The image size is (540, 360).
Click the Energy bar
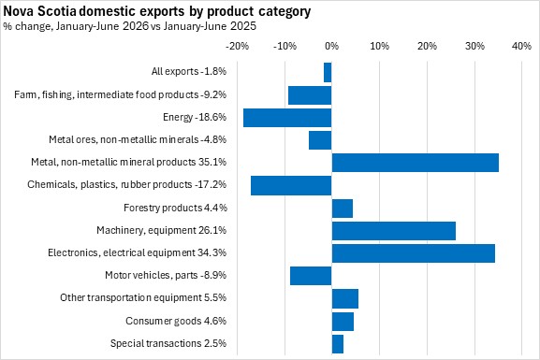click(287, 118)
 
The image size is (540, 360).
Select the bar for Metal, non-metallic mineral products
click(416, 163)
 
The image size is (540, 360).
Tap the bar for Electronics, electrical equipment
click(414, 253)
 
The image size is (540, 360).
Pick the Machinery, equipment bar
click(394, 231)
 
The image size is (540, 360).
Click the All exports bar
click(328, 72)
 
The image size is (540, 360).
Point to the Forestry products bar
click(343, 209)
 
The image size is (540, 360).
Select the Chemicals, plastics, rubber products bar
click(291, 185)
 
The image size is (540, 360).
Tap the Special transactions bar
click(338, 344)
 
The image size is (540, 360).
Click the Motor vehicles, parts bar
click(311, 276)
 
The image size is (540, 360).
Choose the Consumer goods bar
click(343, 322)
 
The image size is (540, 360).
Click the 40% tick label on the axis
click(521, 46)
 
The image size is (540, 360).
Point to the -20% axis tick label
click(237, 46)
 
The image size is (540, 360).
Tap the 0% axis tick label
click(331, 46)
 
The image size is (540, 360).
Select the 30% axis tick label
click(474, 46)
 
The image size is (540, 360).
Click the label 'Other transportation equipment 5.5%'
click(143, 297)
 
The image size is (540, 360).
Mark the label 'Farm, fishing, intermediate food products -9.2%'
click(120, 94)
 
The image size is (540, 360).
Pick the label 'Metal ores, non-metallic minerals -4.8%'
click(138, 139)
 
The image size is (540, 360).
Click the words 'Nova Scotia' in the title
click(39, 11)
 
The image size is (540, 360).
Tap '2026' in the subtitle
click(136, 26)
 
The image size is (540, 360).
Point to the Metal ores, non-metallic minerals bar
click(320, 140)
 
